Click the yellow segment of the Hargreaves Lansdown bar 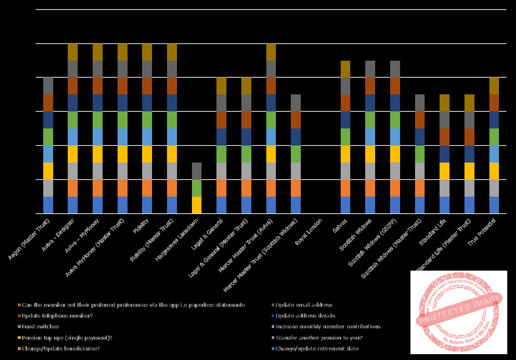pyautogui.click(x=197, y=205)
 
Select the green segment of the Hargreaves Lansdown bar pyautogui.click(x=197, y=188)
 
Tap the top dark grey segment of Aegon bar pyautogui.click(x=48, y=86)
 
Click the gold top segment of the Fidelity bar pyautogui.click(x=147, y=52)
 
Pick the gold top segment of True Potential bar pyautogui.click(x=494, y=86)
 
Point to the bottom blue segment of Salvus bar pyautogui.click(x=345, y=205)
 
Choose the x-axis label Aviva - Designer pyautogui.click(x=59, y=235)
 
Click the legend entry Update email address pyautogui.click(x=304, y=305)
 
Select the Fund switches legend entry pyautogui.click(x=40, y=326)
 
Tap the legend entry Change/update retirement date pyautogui.click(x=317, y=348)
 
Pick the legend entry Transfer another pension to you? pyautogui.click(x=319, y=338)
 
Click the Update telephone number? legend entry pyautogui.click(x=57, y=316)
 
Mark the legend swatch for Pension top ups pyautogui.click(x=20, y=338)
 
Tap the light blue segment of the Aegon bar pyautogui.click(x=48, y=154)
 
